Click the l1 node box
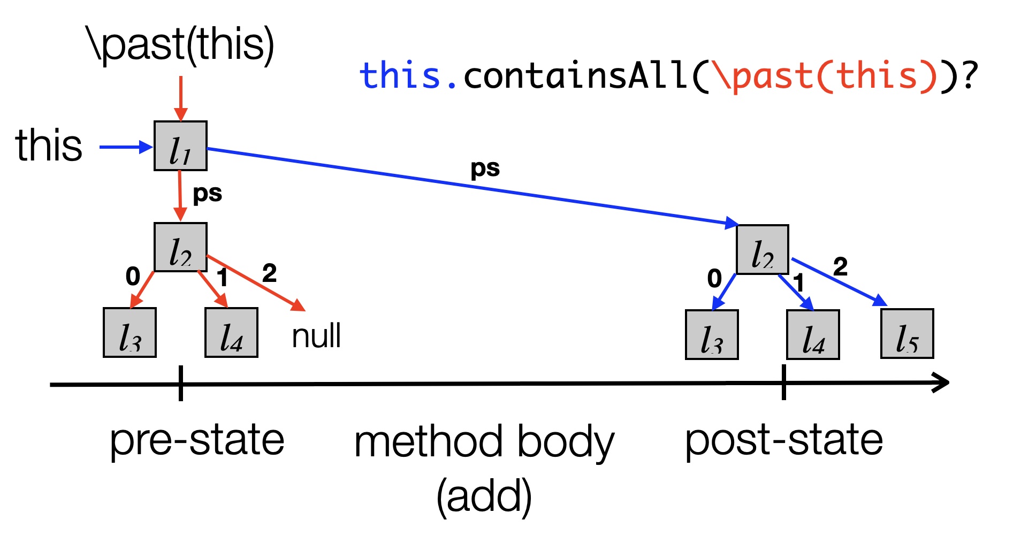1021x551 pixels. (180, 146)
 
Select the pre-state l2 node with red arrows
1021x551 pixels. (180, 247)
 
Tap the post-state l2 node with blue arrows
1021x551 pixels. (762, 249)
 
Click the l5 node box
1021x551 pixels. (907, 333)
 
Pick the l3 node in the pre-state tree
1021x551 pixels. (129, 332)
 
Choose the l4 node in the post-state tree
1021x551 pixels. (813, 334)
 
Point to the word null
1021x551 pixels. (316, 336)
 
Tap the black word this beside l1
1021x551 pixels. (49, 145)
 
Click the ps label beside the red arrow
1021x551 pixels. (207, 194)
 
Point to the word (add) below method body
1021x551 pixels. (484, 496)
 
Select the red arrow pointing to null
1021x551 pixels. (256, 283)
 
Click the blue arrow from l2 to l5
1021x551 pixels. (839, 282)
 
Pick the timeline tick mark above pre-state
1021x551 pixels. (181, 383)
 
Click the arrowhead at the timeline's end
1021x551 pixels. (941, 382)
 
